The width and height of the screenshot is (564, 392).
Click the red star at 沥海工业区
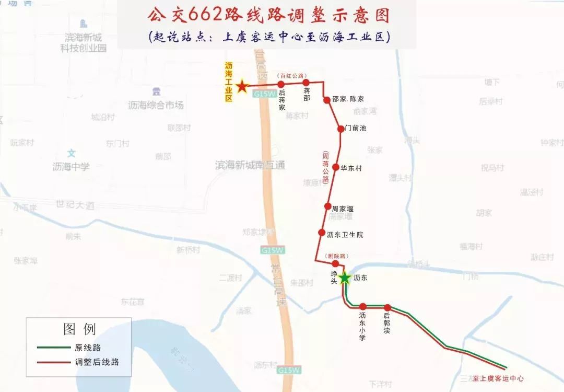(242, 86)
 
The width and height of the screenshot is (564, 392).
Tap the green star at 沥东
(344, 278)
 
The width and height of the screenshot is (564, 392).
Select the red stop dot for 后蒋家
(281, 84)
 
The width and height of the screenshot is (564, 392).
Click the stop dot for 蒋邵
(307, 83)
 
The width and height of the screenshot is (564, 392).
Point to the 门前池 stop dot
(340, 128)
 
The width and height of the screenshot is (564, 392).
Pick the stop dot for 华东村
(336, 168)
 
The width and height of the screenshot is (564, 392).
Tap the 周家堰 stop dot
(328, 206)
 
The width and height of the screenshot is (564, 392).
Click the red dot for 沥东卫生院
(321, 233)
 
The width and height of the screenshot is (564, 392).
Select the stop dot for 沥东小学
(363, 307)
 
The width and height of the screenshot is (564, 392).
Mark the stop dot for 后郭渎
(387, 307)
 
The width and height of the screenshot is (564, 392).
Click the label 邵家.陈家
(348, 99)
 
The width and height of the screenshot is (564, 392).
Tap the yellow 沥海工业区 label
(228, 82)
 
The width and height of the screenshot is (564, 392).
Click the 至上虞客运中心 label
(498, 378)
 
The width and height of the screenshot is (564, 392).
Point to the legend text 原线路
(88, 347)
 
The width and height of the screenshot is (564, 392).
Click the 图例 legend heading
(79, 329)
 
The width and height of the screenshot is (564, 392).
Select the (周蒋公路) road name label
(325, 168)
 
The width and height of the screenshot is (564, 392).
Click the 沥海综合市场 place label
(156, 105)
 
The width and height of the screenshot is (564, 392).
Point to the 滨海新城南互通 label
(250, 165)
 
